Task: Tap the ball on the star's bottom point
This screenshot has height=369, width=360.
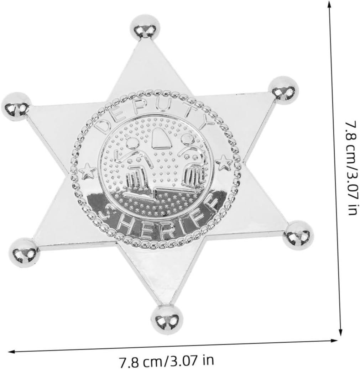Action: pos(167,319)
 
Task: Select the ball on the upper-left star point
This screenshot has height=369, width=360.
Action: pos(16,106)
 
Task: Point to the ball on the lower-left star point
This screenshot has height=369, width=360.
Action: pos(24,253)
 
